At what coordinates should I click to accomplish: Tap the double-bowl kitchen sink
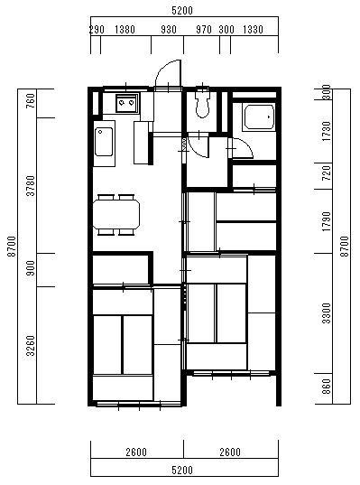(126, 103)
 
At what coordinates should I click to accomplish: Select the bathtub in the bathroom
(259, 117)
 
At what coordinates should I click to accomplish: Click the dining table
(116, 214)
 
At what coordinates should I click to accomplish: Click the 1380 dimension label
(125, 30)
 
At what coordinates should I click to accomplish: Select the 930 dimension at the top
(169, 30)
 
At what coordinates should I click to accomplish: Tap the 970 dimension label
(204, 30)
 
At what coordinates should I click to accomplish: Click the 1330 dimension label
(253, 30)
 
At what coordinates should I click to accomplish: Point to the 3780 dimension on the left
(32, 185)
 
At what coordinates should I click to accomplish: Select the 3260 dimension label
(32, 346)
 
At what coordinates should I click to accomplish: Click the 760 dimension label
(32, 101)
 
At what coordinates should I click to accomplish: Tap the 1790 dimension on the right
(327, 221)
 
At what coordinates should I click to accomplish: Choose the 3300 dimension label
(327, 313)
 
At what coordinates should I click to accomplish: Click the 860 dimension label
(327, 387)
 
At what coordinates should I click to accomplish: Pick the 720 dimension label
(327, 173)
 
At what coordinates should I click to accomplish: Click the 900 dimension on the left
(32, 268)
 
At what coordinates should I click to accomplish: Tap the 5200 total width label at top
(182, 11)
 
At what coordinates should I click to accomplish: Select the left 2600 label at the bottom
(136, 452)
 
